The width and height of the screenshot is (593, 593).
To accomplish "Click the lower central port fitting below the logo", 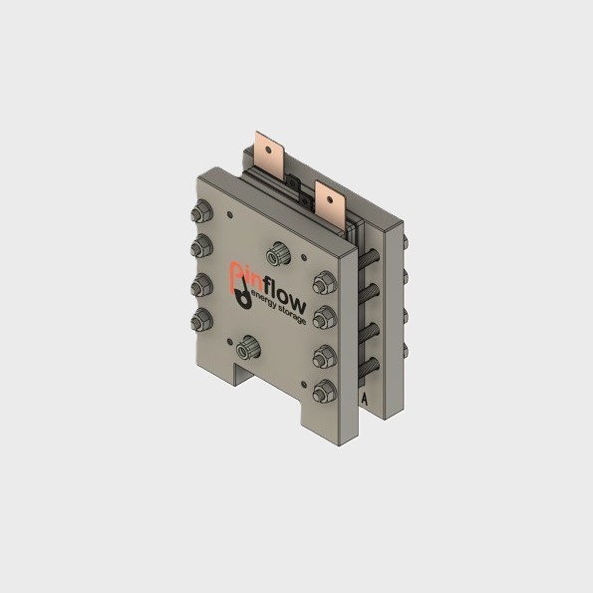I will (247, 350).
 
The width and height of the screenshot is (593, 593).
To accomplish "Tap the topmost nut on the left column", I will (198, 212).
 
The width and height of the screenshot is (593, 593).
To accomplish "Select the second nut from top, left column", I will (200, 247).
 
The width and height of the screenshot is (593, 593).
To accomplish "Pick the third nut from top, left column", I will (201, 283).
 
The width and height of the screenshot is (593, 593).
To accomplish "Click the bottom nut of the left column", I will (203, 319).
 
